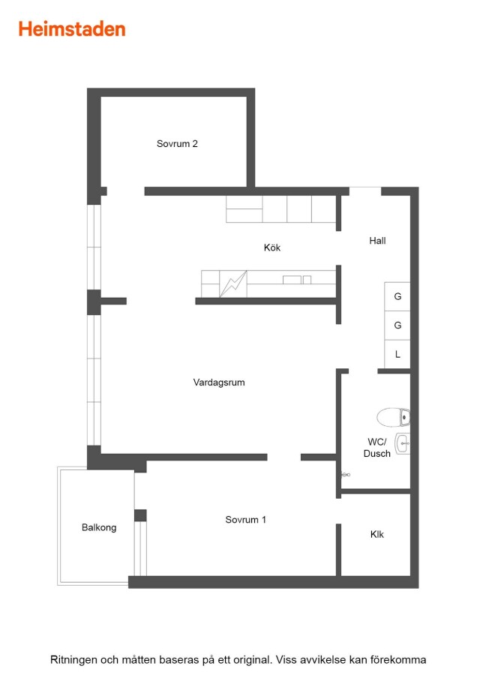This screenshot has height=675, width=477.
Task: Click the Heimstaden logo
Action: coord(72,29)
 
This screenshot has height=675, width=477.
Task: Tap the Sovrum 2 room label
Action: coord(177,144)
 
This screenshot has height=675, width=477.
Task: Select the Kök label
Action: coord(272,247)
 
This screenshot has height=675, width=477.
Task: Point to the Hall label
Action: coord(377,241)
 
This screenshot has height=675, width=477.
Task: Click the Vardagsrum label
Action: coord(219,382)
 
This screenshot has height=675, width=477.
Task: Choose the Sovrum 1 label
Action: coord(246,520)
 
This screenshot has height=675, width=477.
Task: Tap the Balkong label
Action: coord(99,528)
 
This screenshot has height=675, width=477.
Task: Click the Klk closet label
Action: coord(377,534)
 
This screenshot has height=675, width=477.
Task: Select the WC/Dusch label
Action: coord(377,448)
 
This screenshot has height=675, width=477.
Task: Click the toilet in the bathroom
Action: coord(394,417)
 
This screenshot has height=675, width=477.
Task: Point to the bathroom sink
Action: coord(403,443)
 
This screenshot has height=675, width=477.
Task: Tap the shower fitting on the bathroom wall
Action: coord(346,475)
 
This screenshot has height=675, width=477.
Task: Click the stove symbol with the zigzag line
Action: coord(233,284)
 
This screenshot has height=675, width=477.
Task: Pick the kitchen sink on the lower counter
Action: coord(296,280)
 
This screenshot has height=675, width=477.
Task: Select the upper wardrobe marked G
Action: coord(397,296)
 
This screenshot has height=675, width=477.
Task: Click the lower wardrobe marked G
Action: coord(397,325)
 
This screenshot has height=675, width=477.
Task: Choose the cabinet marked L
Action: coord(397,354)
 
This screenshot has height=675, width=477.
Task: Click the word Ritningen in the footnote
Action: coord(74,660)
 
